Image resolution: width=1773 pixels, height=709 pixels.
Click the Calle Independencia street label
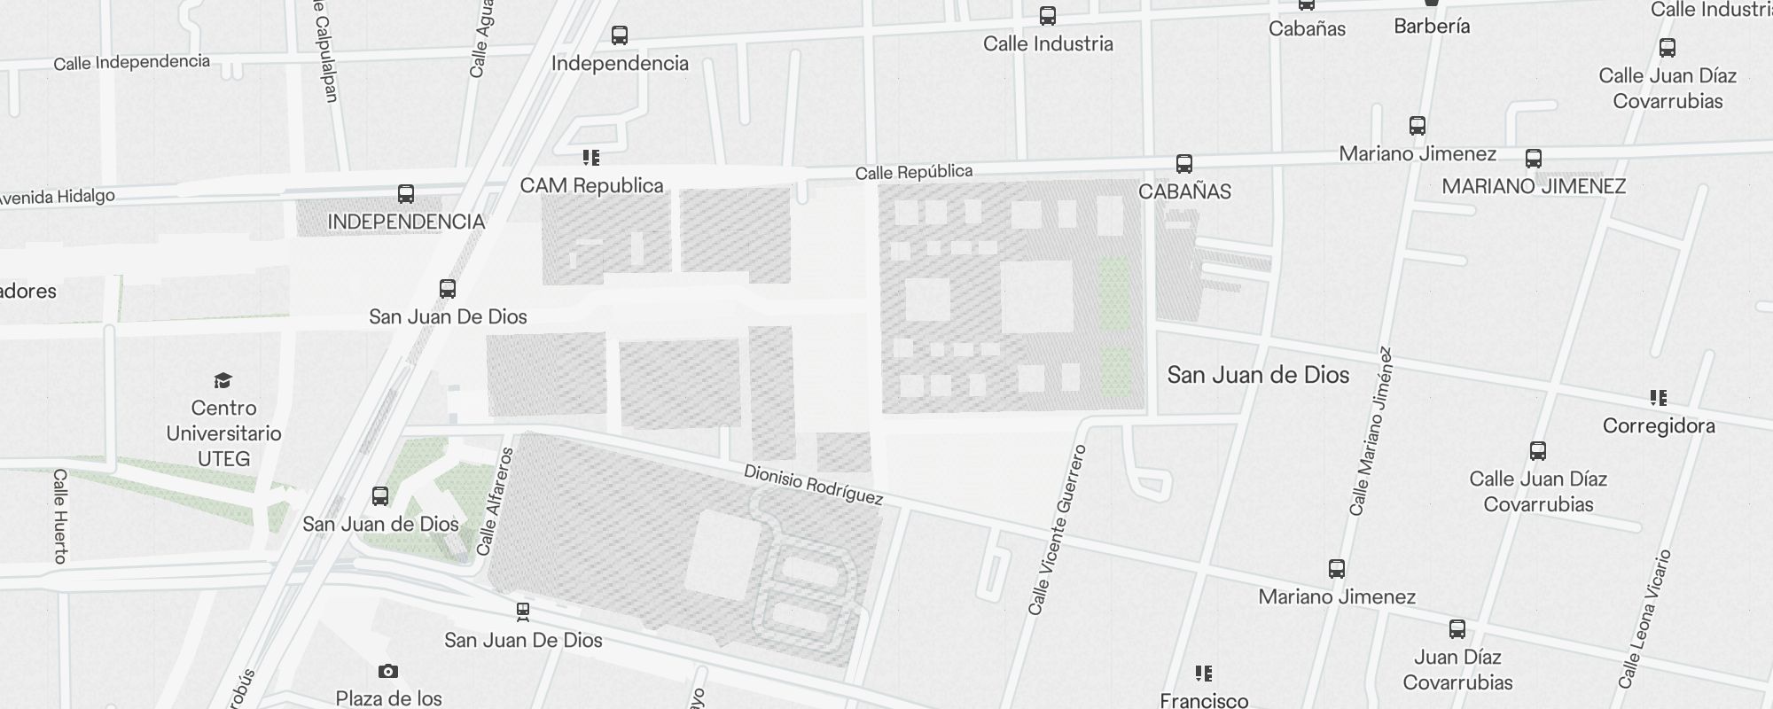point(131,62)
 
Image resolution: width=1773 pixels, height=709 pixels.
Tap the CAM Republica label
point(591,185)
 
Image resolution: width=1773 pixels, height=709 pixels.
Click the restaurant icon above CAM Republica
point(591,158)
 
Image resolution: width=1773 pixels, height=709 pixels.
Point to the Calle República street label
point(913,172)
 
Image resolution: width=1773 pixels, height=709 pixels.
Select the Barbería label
point(1432,27)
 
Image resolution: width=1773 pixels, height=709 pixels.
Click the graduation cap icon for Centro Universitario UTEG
point(223,381)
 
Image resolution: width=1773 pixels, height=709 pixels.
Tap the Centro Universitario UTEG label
point(223,433)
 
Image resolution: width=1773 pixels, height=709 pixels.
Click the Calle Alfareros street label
point(495,502)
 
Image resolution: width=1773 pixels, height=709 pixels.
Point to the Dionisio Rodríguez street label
point(813,485)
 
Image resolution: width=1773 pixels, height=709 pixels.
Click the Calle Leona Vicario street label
point(1644,619)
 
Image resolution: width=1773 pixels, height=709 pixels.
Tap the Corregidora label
point(1658,426)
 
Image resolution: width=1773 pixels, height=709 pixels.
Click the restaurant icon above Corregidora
point(1658,398)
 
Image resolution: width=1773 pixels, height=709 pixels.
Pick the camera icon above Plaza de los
point(388,671)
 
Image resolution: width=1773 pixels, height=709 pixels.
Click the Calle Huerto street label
point(60,516)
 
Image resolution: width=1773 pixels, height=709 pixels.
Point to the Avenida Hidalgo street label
point(55,198)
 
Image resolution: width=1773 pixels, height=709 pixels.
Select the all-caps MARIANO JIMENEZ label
point(1534,187)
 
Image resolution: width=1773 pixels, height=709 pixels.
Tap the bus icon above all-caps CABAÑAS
point(1183,164)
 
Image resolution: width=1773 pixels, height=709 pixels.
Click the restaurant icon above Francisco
point(1203,674)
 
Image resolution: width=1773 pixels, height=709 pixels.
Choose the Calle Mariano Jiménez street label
point(1371,431)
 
